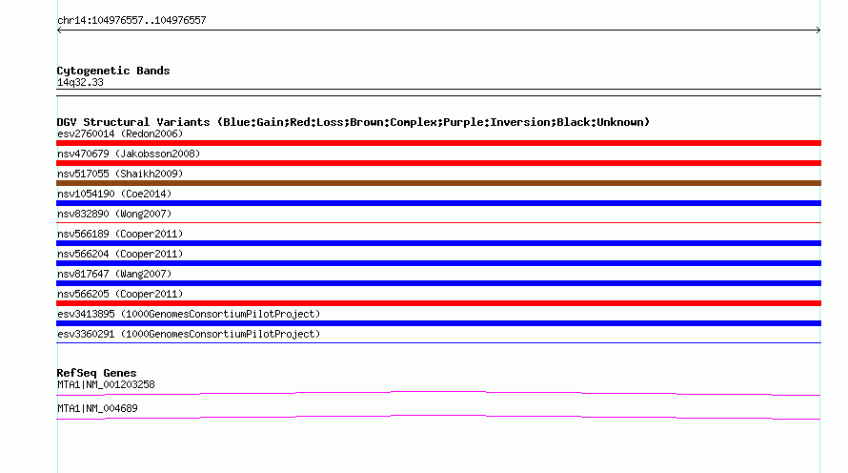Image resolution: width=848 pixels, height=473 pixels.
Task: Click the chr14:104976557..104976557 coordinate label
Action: click(131, 21)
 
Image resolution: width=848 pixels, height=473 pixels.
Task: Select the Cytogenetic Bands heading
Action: click(113, 71)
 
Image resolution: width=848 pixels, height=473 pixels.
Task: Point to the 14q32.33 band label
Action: click(80, 82)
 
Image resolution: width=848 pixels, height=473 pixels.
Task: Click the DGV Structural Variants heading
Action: click(353, 122)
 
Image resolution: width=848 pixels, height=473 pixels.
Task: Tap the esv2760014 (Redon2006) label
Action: click(120, 134)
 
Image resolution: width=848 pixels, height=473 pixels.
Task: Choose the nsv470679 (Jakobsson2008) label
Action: click(129, 154)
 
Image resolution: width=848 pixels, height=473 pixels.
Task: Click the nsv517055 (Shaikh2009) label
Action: click(120, 174)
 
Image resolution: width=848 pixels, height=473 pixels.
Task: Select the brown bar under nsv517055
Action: click(438, 183)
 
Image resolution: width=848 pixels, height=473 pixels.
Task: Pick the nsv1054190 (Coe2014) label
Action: click(114, 194)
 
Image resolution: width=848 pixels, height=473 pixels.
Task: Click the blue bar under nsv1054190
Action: click(438, 203)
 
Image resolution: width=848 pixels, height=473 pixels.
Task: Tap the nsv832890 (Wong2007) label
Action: click(114, 214)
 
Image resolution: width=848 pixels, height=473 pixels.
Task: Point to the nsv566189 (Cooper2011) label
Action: click(120, 234)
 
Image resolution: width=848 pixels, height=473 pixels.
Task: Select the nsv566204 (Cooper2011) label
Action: click(120, 254)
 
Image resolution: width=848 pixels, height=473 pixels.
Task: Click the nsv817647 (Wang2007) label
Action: click(114, 274)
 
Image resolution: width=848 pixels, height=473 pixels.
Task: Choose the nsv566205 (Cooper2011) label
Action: click(120, 294)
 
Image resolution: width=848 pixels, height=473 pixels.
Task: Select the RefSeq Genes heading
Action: click(96, 373)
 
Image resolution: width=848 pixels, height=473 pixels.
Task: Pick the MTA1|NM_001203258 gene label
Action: click(106, 384)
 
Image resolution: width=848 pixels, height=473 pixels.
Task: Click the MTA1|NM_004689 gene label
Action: click(97, 408)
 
